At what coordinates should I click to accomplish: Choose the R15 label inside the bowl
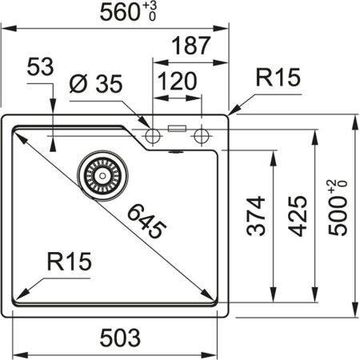(x=69, y=260)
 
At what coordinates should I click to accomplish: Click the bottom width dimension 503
(x=121, y=336)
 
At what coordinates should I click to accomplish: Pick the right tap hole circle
(x=200, y=132)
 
